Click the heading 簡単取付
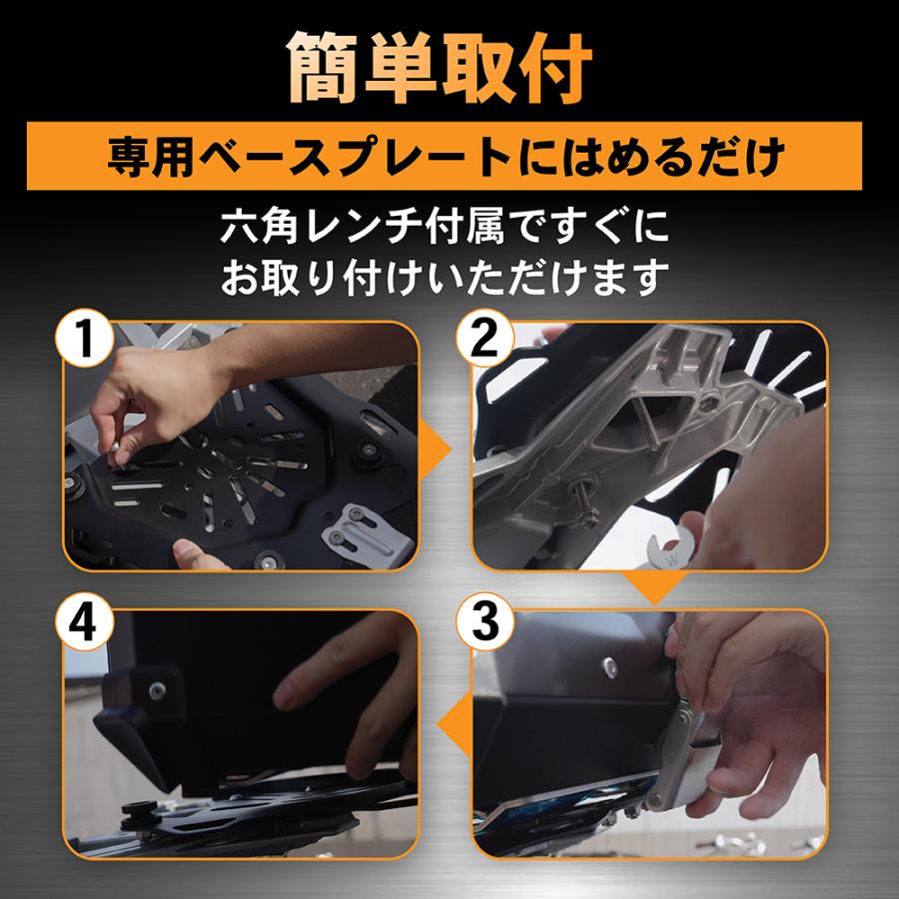pyautogui.click(x=449, y=70)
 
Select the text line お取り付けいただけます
pyautogui.click(x=449, y=277)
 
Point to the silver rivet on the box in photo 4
pyautogui.click(x=157, y=688)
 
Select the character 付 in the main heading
pyautogui.click(x=551, y=70)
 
